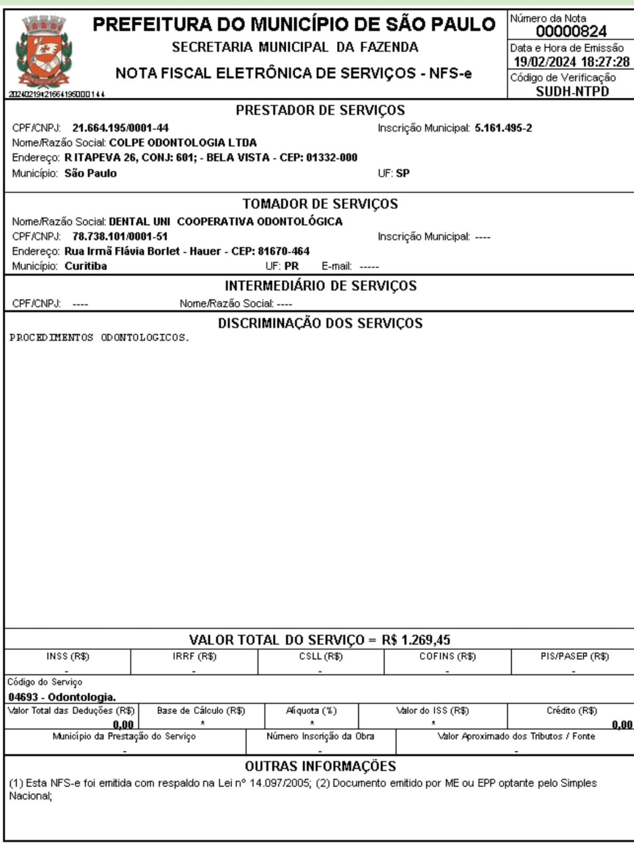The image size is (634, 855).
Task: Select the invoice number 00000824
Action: click(x=571, y=32)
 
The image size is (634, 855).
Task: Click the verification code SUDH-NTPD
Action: click(x=572, y=91)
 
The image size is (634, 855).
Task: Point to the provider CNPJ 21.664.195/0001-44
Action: click(x=120, y=128)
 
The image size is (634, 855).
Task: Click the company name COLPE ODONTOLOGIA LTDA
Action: click(x=183, y=143)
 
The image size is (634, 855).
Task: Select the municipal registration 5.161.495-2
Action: click(x=503, y=128)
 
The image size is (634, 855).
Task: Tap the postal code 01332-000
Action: click(x=332, y=158)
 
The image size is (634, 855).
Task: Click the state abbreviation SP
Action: click(x=403, y=173)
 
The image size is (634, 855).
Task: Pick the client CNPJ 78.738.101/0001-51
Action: click(x=120, y=236)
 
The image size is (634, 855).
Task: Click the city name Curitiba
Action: click(x=85, y=266)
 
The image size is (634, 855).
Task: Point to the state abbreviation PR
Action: click(x=292, y=266)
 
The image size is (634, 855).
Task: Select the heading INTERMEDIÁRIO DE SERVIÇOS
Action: click(x=320, y=286)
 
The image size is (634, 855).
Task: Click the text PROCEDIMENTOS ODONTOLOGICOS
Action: click(x=99, y=338)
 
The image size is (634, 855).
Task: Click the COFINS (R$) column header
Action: click(x=447, y=656)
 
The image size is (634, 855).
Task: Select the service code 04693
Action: click(x=23, y=697)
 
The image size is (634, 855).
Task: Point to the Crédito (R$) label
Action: click(x=572, y=711)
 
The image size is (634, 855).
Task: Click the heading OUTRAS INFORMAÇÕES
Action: click(x=320, y=766)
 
